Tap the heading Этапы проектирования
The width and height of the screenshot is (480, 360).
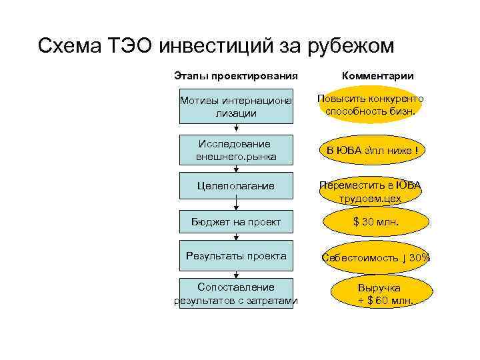point(235,76)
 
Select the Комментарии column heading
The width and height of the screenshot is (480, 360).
point(377,76)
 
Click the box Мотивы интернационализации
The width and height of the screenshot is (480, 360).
point(236,107)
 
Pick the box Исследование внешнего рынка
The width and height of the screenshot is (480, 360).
point(236,150)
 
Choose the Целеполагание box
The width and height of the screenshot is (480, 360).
point(236,186)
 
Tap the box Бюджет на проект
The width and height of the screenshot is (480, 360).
point(236,222)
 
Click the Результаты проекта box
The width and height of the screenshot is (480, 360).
point(236,256)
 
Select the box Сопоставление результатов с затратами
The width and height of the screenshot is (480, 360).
point(236,294)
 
